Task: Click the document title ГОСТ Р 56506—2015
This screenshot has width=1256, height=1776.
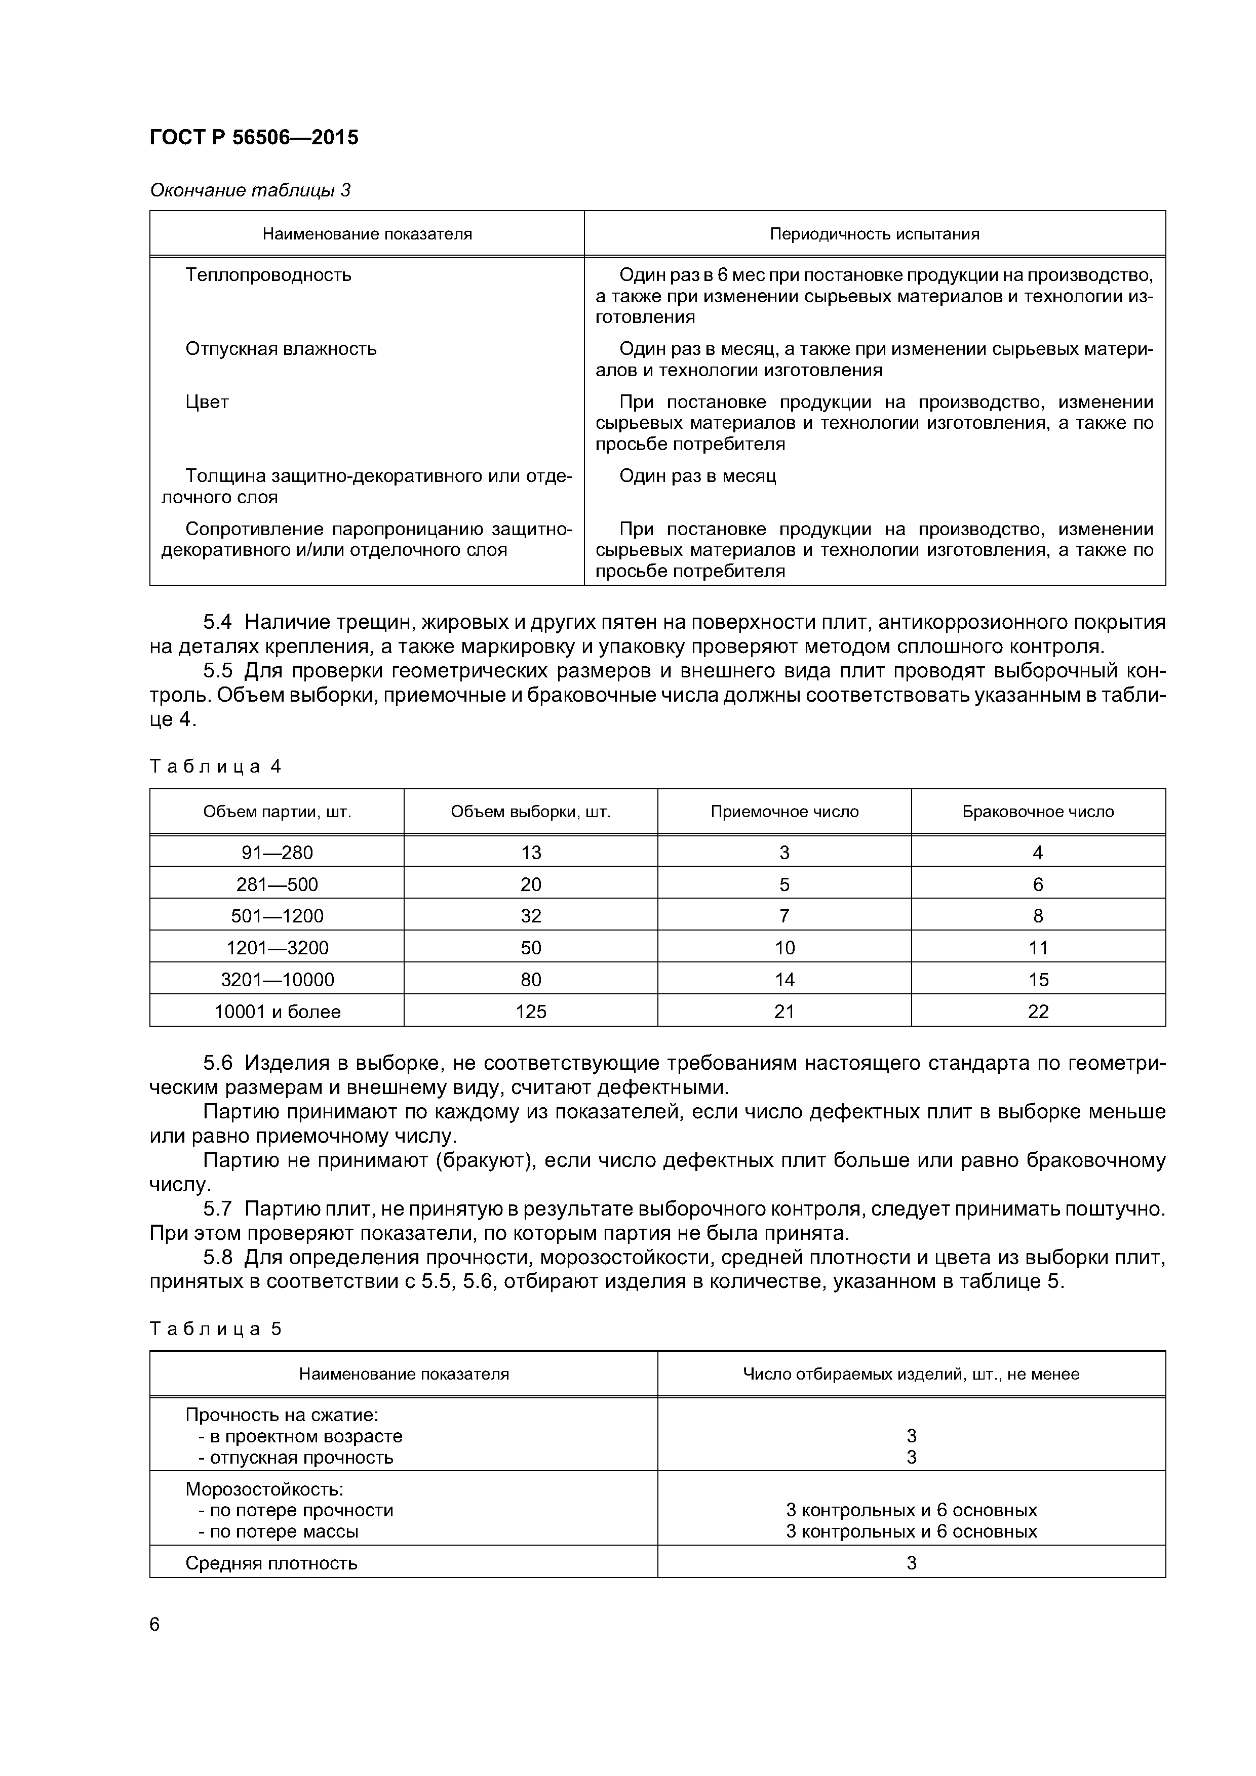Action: pos(254,138)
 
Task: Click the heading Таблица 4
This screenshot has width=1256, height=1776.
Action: pos(215,766)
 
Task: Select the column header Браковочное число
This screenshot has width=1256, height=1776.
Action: pos(1037,812)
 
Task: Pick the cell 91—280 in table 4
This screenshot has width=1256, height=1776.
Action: pos(277,853)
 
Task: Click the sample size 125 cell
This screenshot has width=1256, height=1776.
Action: pos(531,1012)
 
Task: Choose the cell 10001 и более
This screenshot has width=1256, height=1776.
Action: pos(277,1012)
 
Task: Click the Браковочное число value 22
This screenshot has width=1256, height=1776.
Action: pos(1038,1012)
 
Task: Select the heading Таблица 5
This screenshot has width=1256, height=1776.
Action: pos(215,1329)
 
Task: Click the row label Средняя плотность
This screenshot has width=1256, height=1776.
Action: pos(271,1564)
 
